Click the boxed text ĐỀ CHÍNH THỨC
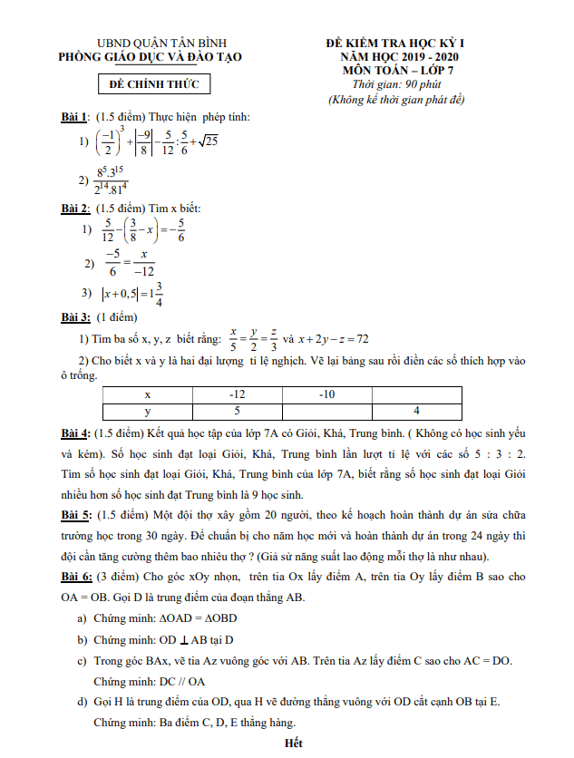(154, 85)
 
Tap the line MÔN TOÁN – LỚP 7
(396, 70)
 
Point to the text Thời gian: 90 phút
(396, 84)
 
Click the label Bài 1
(74, 117)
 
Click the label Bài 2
(74, 209)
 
